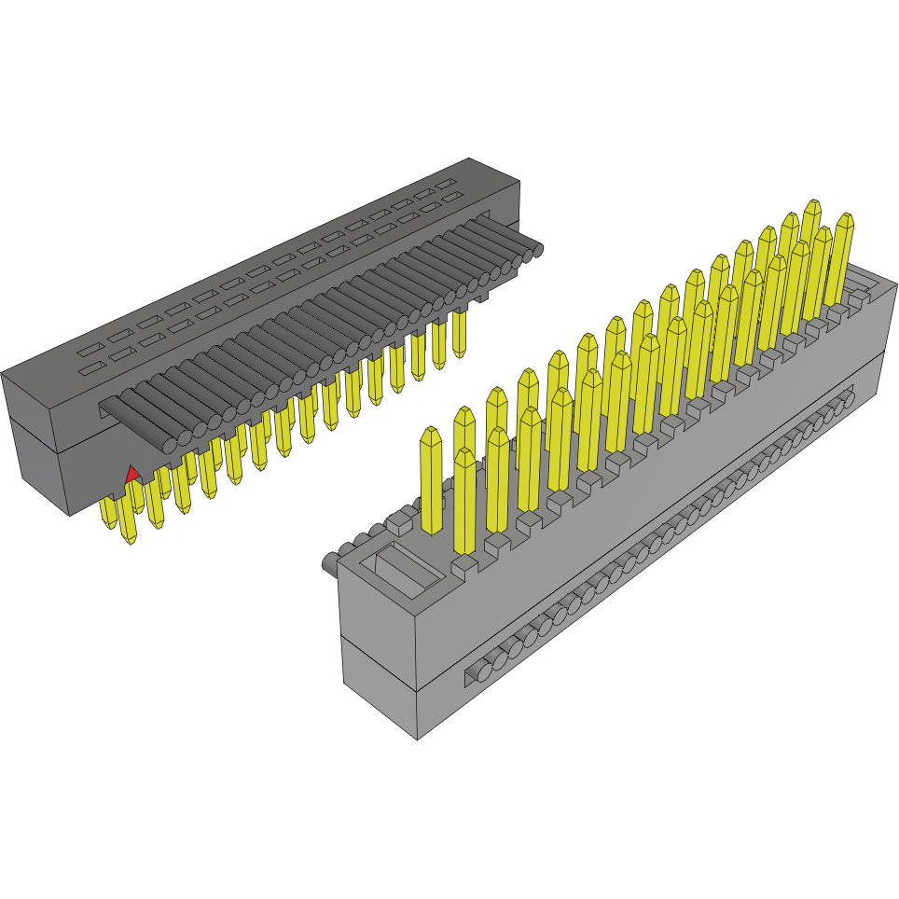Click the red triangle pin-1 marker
pyautogui.click(x=132, y=474)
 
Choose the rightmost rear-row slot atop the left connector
pyautogui.click(x=449, y=183)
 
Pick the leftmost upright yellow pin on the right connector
pyautogui.click(x=431, y=480)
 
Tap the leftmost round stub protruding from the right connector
pyautogui.click(x=329, y=564)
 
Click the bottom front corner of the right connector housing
pyautogui.click(x=417, y=740)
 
